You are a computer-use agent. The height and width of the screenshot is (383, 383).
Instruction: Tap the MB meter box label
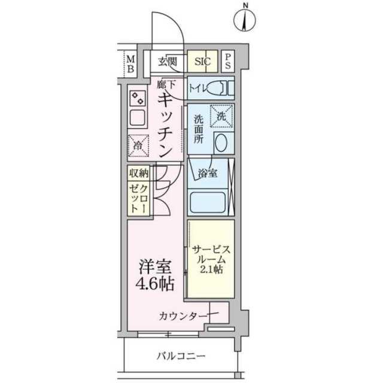point(131,64)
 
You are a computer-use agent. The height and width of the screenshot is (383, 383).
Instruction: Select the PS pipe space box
point(227,61)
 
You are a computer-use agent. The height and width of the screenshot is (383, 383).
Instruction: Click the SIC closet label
point(202,61)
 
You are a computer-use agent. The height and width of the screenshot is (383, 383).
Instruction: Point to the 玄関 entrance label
point(168,62)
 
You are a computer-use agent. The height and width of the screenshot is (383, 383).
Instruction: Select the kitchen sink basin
point(137,118)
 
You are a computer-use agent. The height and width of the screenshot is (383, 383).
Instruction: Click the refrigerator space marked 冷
point(138,146)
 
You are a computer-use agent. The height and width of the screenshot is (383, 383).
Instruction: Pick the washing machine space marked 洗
point(221,116)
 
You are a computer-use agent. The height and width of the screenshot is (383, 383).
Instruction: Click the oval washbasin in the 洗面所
point(221,142)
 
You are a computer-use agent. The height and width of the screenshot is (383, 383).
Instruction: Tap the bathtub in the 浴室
point(208,202)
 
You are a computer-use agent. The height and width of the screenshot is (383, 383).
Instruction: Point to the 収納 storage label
point(139,173)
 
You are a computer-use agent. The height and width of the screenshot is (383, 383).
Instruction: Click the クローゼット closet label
point(138,199)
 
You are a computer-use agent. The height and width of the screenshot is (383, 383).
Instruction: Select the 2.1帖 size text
point(211,269)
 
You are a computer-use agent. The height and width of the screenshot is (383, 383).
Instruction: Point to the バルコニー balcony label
point(181,356)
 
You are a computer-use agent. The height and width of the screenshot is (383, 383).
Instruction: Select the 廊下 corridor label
point(166,85)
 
